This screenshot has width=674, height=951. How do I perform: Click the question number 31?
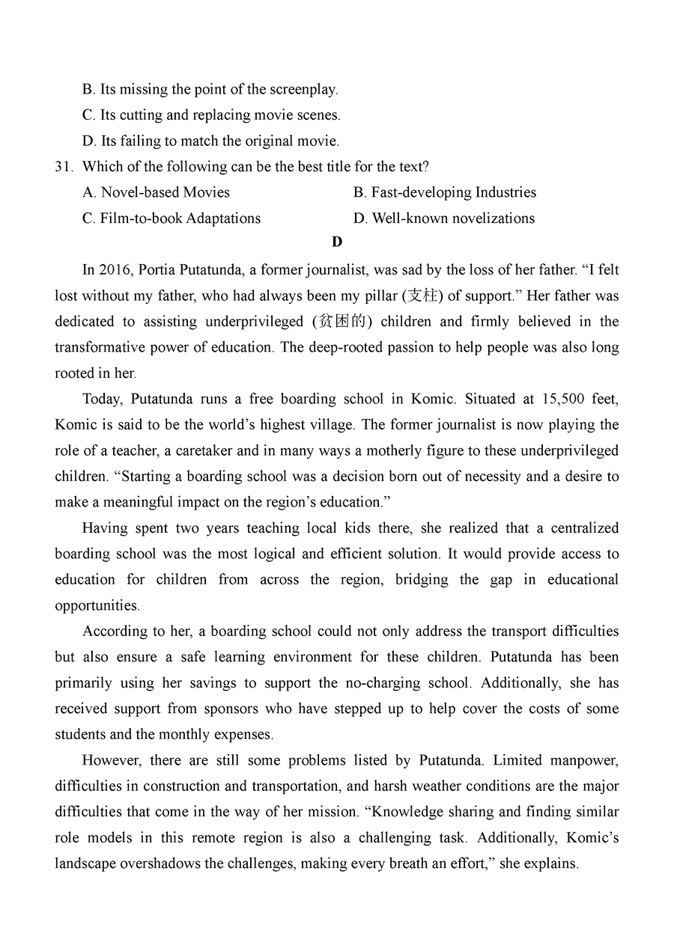click(63, 166)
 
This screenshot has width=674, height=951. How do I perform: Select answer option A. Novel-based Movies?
click(156, 192)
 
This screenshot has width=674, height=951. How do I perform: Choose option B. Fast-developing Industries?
click(445, 192)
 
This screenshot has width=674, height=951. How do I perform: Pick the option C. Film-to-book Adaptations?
click(171, 218)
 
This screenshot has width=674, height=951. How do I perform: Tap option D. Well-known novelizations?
click(444, 218)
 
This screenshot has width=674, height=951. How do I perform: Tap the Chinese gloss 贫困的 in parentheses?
click(341, 322)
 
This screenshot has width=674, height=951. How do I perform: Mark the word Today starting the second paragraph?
click(101, 399)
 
